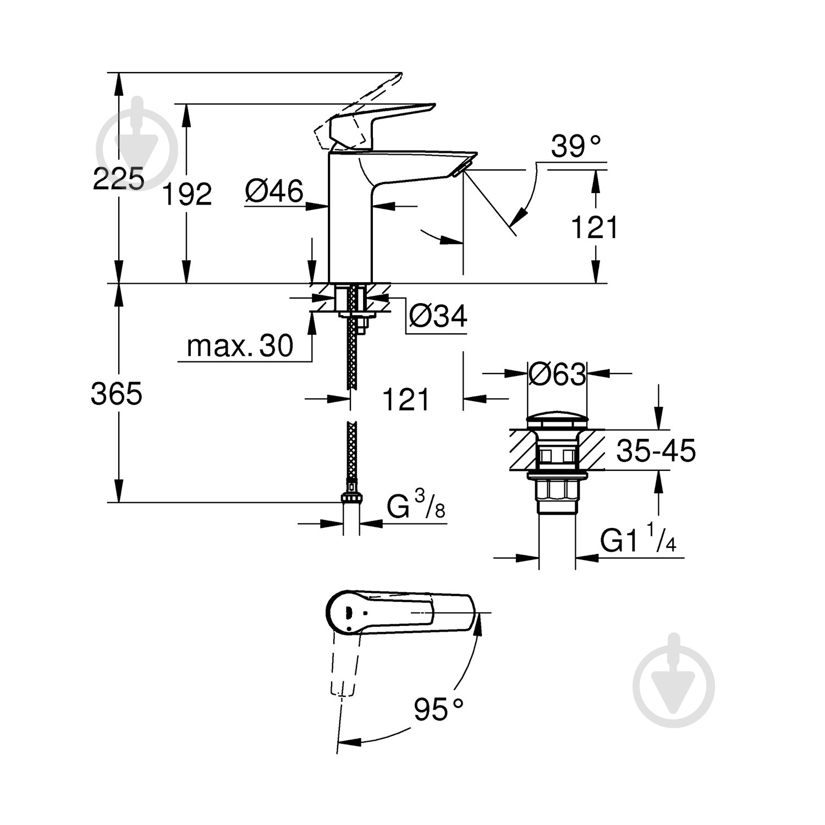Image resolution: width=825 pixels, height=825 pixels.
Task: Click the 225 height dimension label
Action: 118,179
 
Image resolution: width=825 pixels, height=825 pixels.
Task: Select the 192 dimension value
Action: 187,195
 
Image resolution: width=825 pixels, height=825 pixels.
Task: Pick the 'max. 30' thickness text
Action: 240,346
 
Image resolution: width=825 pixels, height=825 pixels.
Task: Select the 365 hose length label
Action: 117,394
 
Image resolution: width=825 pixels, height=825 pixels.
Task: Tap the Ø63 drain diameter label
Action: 557,376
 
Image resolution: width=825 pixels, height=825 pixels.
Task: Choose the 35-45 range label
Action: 656,451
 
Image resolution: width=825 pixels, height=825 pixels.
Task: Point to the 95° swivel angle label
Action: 438,710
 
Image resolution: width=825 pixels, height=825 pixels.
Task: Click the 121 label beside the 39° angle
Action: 595,228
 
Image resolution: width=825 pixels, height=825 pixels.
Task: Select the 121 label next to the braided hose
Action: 406,400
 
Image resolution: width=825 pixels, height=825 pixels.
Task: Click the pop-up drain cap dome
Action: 557,421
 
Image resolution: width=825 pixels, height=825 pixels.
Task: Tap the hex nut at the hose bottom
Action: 351,497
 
